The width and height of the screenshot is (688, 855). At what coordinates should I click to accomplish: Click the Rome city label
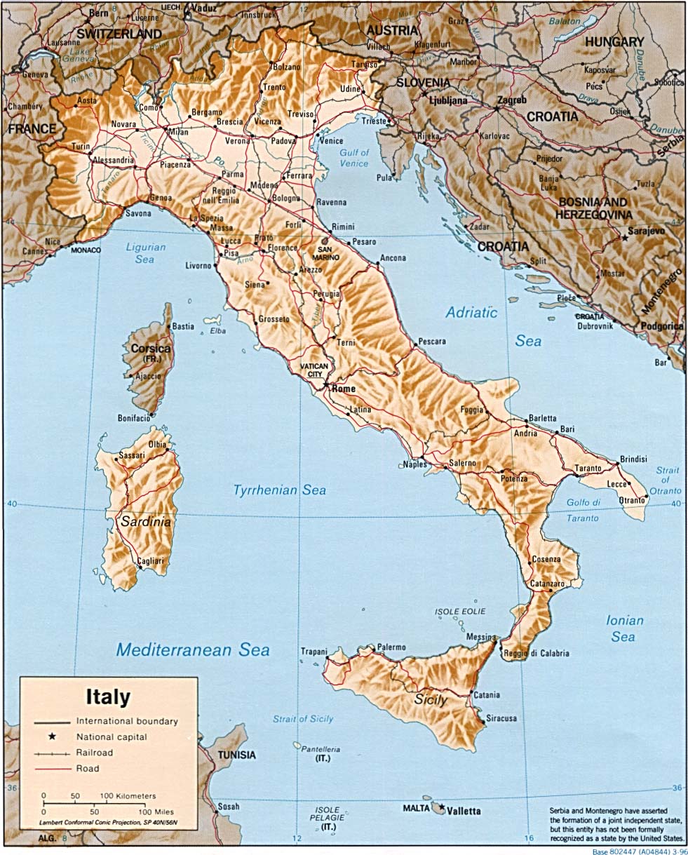344,389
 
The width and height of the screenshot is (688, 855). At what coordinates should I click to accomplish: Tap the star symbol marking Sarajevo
625,238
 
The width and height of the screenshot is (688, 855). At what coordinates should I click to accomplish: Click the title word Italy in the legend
108,697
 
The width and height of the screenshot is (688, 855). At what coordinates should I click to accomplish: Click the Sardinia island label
145,522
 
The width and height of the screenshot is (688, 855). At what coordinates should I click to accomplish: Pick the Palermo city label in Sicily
391,647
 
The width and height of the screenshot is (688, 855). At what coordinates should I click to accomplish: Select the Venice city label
331,140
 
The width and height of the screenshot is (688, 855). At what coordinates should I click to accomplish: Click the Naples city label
414,464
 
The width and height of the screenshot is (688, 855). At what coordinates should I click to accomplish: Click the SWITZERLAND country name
119,33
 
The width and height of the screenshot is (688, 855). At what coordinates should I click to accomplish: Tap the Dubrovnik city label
595,325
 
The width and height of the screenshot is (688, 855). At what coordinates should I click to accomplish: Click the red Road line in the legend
53,769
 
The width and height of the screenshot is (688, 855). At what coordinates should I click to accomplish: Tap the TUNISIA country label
236,755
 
